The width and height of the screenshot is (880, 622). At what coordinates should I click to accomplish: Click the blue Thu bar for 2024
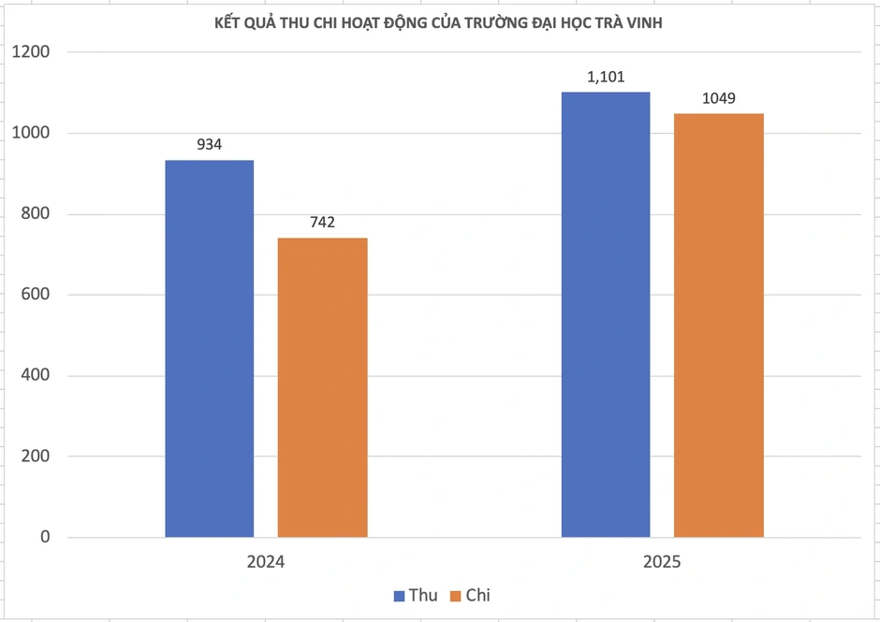[x=210, y=349]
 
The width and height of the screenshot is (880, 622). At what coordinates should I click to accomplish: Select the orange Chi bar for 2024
[x=323, y=387]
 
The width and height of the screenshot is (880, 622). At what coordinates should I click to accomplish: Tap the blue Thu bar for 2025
[x=606, y=314]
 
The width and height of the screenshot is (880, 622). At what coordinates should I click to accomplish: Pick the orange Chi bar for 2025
[x=719, y=325]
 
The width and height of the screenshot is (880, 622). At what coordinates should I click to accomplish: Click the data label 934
[x=210, y=145]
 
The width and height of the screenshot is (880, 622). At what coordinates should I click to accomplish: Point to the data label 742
[x=323, y=223]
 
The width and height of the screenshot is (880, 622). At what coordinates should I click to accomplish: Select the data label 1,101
[x=606, y=77]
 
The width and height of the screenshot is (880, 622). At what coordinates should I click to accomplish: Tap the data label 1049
[x=719, y=99]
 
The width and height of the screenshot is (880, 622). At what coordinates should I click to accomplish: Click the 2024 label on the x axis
[x=266, y=562]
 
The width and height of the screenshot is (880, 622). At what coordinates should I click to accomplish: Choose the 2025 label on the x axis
[x=662, y=562]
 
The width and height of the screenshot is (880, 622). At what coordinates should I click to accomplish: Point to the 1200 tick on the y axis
[x=31, y=51]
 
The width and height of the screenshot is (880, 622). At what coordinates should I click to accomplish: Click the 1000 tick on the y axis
[x=31, y=133]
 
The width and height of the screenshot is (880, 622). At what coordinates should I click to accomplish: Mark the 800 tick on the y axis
[x=36, y=213]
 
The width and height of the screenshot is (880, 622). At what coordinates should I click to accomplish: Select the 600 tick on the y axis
[x=36, y=295]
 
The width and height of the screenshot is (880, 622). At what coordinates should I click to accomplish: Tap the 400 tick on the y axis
[x=36, y=375]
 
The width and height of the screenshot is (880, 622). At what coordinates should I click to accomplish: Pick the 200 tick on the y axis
[x=36, y=456]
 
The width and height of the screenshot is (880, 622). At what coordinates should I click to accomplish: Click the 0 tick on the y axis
[x=45, y=537]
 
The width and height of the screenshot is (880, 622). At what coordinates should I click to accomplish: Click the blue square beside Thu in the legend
[x=399, y=596]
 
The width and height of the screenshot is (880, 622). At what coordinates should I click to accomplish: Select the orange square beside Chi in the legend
[x=456, y=596]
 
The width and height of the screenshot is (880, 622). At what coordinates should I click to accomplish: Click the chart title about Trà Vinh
[x=438, y=23]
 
